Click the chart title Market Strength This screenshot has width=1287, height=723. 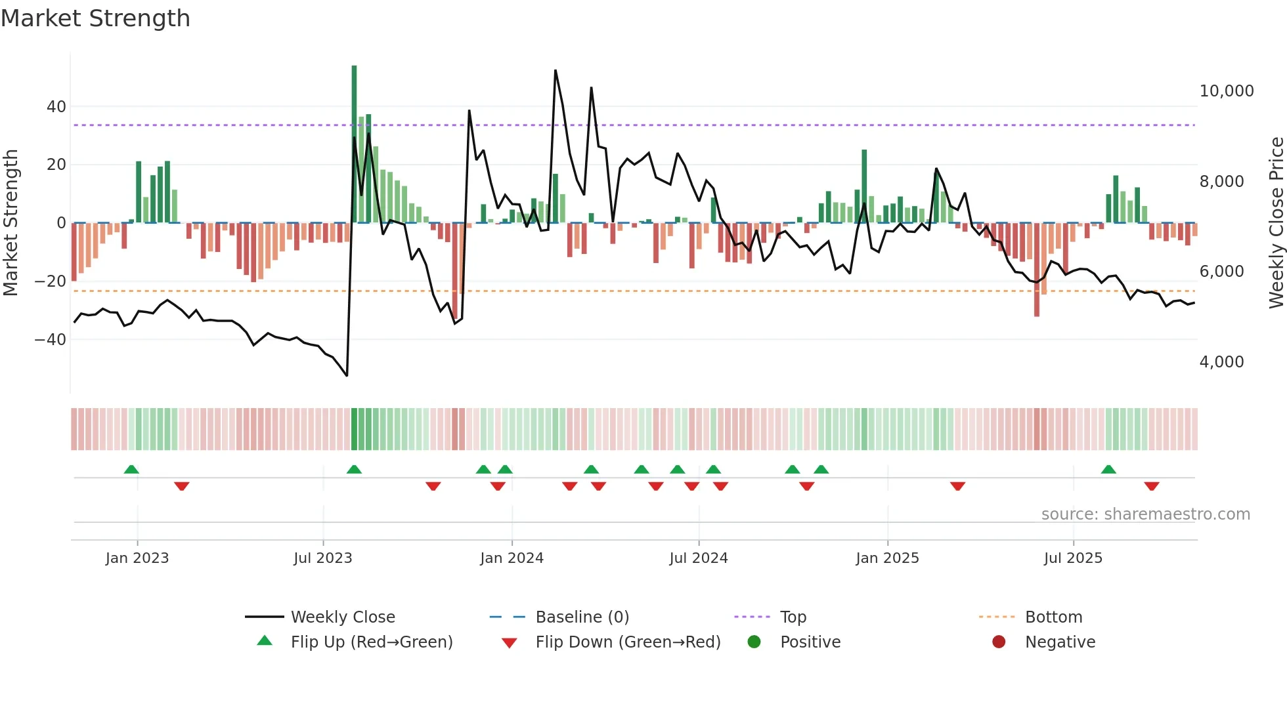tap(95, 18)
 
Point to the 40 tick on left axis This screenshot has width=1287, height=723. tap(56, 106)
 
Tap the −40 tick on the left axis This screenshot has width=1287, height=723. tap(50, 340)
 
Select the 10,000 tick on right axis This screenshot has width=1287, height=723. tap(1226, 91)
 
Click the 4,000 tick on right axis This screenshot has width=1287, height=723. tap(1221, 362)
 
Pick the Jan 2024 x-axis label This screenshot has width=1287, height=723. tap(512, 558)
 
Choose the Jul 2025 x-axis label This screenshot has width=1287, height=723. tap(1073, 558)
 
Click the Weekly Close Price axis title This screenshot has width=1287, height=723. tap(1276, 222)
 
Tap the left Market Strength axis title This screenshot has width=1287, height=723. tap(11, 222)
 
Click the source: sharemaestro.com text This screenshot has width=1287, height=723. tap(1145, 514)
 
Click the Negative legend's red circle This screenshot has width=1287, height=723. tap(999, 642)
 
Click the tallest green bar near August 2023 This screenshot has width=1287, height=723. tap(354, 144)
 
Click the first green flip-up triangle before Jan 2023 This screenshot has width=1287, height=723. tap(131, 469)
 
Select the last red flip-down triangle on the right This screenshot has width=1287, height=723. tap(1151, 486)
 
